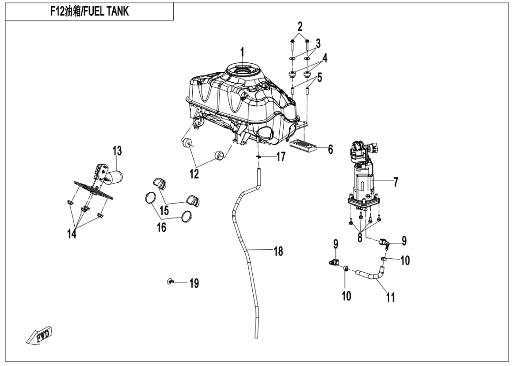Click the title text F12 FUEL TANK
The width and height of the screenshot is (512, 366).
pos(89,11)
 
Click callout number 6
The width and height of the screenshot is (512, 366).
pos(330,149)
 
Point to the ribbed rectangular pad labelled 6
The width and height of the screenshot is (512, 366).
pos(303,145)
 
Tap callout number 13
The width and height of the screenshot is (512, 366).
pos(117,151)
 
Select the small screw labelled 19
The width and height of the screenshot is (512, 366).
pos(170,282)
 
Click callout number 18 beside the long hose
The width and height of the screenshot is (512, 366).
pos(278,251)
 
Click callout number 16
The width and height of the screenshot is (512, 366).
pos(162,228)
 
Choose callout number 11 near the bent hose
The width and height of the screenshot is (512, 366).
pos(390,298)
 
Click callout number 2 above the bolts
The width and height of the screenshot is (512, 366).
pos(300,25)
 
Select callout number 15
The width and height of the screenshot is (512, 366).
pos(164,210)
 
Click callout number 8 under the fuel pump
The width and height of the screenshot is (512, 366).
pos(360,237)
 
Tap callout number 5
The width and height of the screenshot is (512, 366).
pos(320,77)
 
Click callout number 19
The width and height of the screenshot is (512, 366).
pos(194,284)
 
